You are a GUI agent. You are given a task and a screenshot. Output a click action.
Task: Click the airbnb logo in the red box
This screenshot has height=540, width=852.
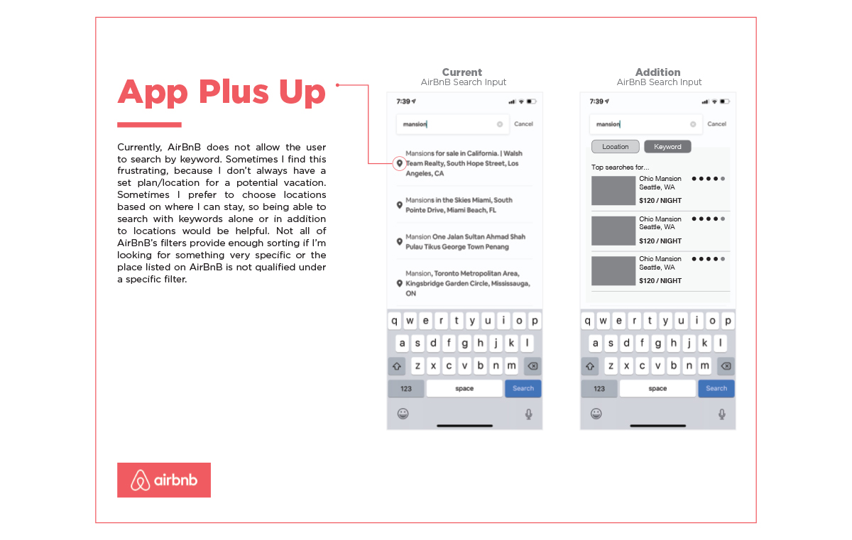(x=164, y=480)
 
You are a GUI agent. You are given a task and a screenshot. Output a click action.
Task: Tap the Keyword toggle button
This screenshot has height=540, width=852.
(x=667, y=147)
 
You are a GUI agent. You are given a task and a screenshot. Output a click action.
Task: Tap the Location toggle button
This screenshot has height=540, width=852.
(x=615, y=147)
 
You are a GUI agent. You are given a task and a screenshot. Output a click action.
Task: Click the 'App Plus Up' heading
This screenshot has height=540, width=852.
(x=222, y=92)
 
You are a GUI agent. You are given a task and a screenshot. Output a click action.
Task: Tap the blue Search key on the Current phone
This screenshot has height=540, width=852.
(x=523, y=388)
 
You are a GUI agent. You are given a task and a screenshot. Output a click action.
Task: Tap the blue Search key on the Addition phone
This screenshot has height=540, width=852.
(x=716, y=388)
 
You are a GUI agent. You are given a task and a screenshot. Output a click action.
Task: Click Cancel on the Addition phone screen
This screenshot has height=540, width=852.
(x=717, y=124)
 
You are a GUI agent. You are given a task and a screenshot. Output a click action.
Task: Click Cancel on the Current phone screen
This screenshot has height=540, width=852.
(x=523, y=124)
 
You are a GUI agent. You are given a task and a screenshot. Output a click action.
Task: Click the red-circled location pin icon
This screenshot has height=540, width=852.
(x=399, y=164)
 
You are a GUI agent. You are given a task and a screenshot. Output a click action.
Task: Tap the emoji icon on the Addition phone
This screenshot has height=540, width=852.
(x=596, y=414)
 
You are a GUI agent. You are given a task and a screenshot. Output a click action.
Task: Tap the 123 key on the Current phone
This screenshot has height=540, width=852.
(x=406, y=388)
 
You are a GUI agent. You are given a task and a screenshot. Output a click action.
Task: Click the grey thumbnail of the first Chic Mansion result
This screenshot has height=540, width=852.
(x=613, y=191)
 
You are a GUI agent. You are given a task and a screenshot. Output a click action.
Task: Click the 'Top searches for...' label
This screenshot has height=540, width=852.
(x=620, y=167)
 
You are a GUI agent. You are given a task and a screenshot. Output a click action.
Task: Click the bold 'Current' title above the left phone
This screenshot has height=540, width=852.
(x=462, y=72)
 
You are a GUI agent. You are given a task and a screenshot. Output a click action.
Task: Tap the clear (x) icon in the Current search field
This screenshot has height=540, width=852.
(x=500, y=124)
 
